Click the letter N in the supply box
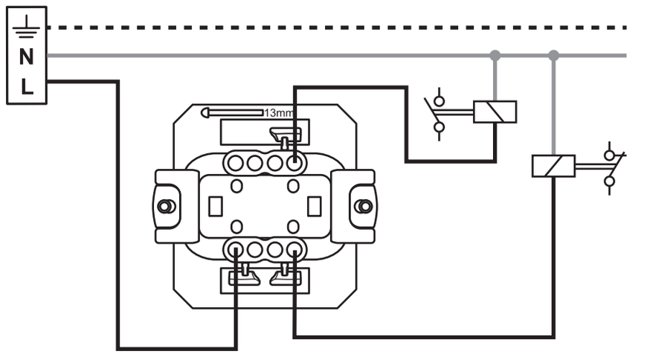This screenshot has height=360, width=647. [27, 57]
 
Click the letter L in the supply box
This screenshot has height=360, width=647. [27, 87]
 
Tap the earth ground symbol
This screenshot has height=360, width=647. [27, 28]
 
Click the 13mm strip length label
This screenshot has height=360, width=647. [279, 113]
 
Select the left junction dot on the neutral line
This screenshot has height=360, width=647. [495, 55]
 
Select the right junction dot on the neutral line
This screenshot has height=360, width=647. [554, 55]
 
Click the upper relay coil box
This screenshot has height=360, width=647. [495, 112]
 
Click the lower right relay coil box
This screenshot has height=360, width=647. [553, 166]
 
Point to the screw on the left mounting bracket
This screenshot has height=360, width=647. [166, 206]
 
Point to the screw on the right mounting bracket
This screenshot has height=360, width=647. [364, 206]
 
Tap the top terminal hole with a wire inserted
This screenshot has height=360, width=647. [293, 164]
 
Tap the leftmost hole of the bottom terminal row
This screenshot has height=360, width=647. [235, 249]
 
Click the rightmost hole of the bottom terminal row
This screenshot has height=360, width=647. [293, 249]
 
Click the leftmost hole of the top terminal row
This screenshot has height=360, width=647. [235, 164]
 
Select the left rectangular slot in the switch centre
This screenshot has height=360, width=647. [216, 207]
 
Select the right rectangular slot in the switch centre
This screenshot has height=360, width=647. [315, 207]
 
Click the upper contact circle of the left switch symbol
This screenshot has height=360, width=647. [440, 101]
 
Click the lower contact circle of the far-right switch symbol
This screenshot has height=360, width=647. [610, 181]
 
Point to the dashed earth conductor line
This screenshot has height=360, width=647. [337, 28]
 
